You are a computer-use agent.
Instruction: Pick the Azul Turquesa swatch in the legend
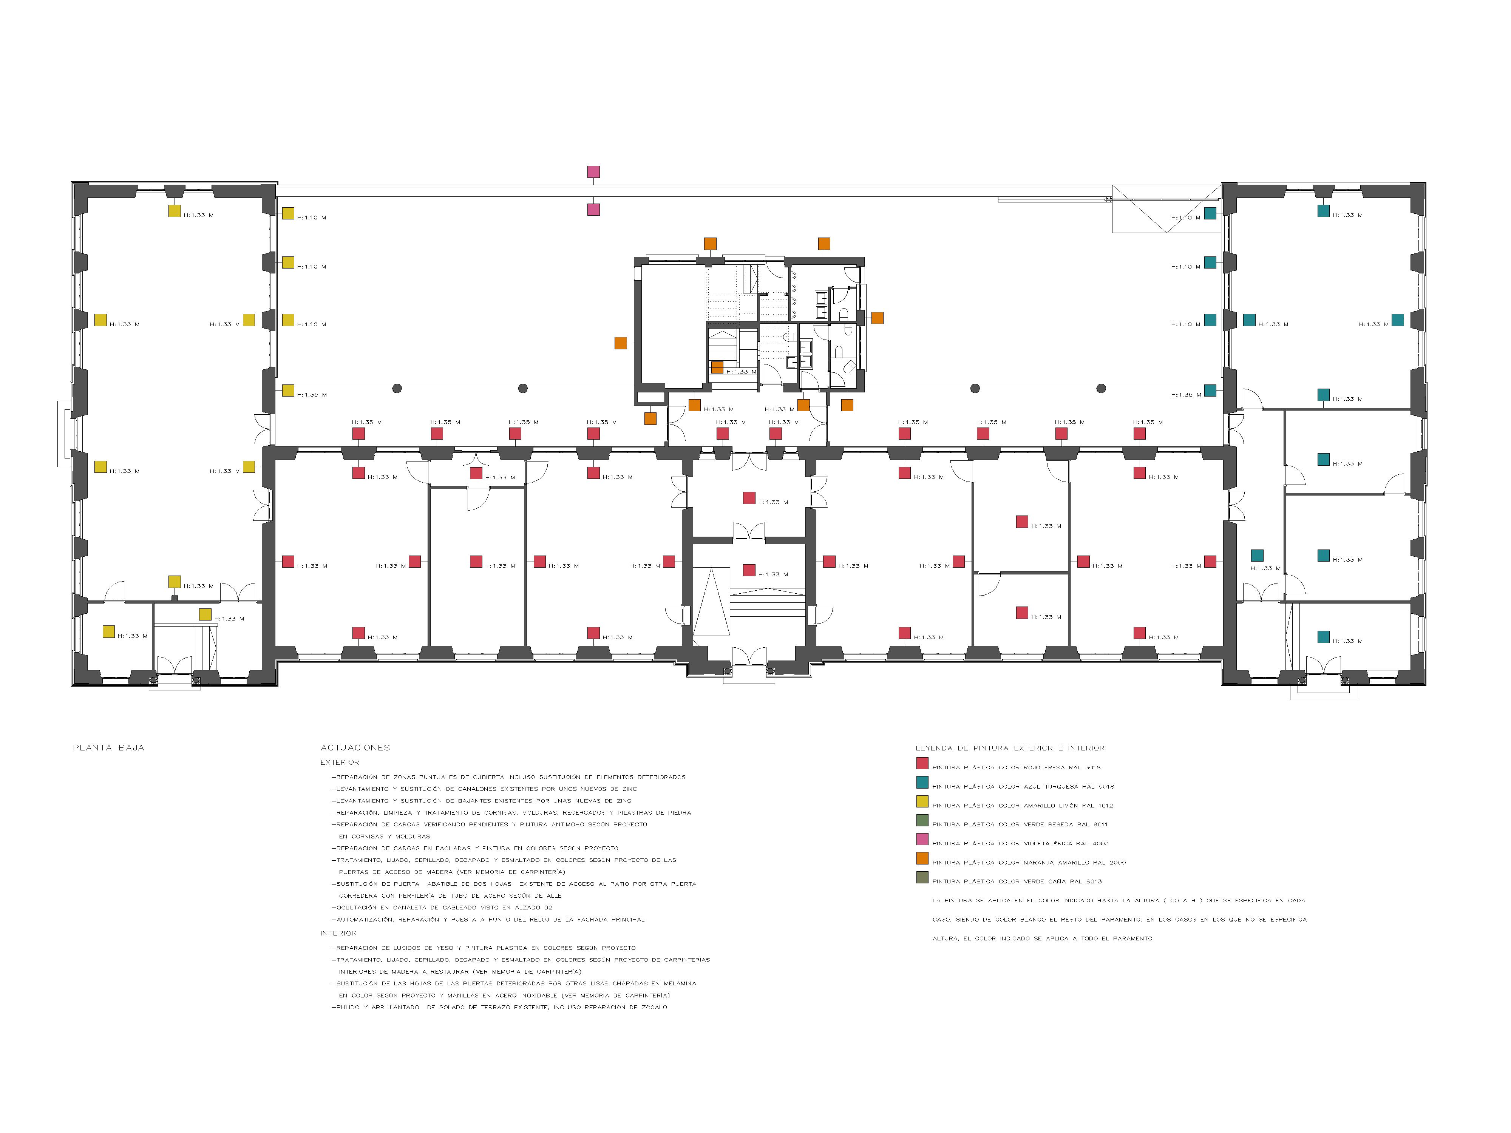tap(922, 783)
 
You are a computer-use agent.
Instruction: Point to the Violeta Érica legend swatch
tap(922, 839)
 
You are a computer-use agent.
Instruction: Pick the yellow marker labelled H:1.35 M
tap(288, 391)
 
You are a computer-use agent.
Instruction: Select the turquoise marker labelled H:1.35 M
tap(1210, 391)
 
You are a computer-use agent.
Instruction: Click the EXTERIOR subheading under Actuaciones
tap(340, 762)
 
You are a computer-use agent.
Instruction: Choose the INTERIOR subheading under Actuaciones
tap(339, 933)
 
